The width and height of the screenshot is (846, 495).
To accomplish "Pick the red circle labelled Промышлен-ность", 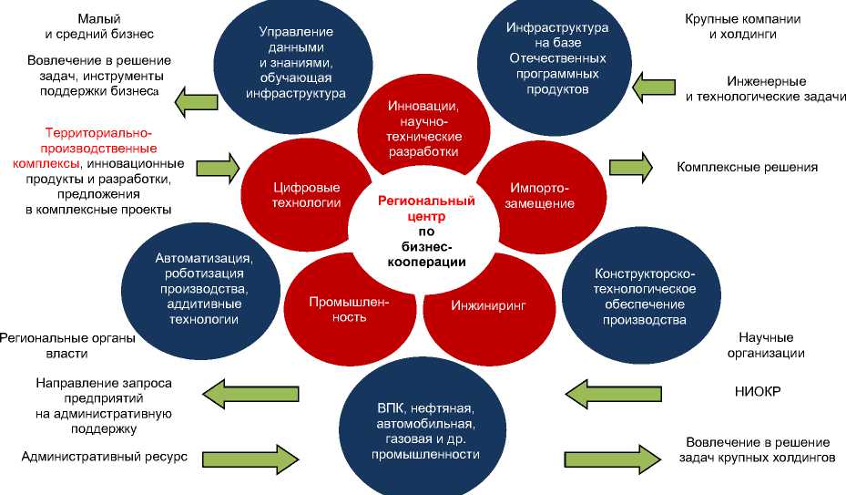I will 337,309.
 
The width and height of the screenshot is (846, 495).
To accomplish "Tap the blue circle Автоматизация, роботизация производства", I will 203,288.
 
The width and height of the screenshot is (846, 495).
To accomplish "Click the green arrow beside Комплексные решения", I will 631,167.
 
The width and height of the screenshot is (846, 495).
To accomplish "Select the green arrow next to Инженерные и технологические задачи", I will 654,88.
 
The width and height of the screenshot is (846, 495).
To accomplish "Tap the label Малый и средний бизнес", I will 99,26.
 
